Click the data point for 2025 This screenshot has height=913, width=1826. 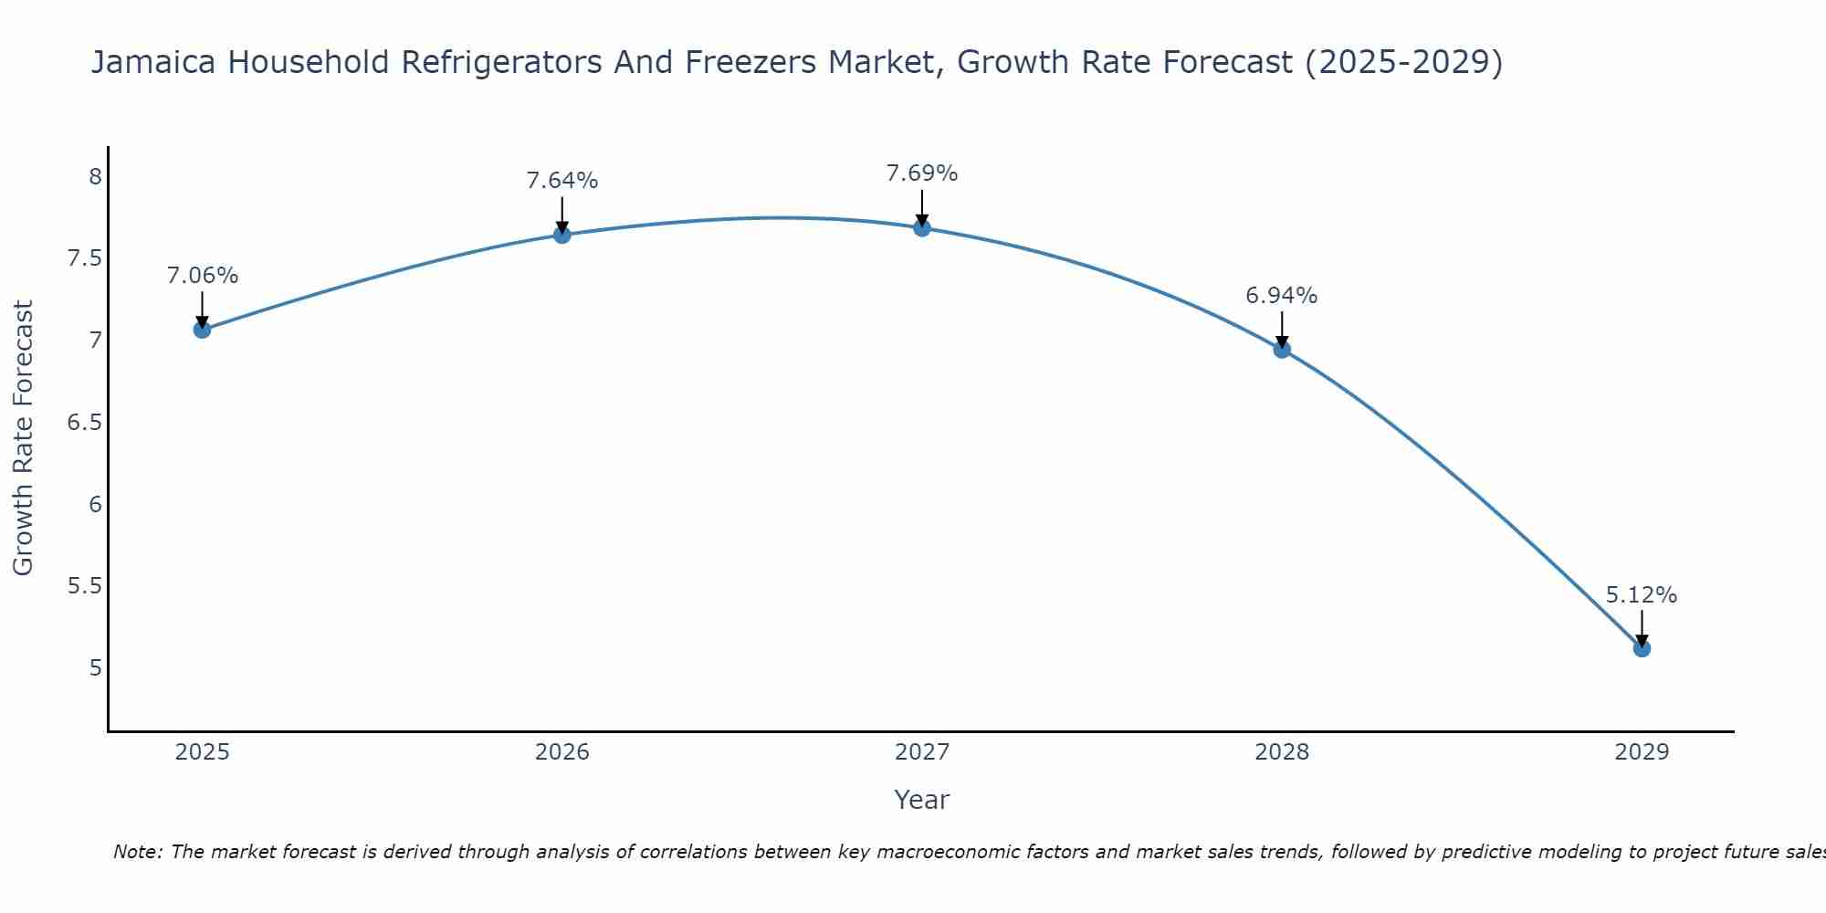[202, 330]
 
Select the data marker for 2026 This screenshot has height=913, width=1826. [561, 235]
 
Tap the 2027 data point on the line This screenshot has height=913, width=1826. [922, 227]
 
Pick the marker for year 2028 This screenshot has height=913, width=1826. [1282, 349]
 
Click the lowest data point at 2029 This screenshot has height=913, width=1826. [1642, 648]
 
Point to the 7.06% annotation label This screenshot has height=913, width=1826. [202, 276]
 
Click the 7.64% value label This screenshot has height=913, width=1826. [561, 181]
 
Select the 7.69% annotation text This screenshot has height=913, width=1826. [922, 173]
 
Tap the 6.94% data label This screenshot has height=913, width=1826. [1282, 296]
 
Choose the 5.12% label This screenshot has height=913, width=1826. [1642, 595]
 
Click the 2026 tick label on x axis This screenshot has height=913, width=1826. [561, 752]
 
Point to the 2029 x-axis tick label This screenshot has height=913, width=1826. [1642, 752]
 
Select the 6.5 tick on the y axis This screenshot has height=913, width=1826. [84, 422]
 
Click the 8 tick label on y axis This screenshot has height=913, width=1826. [95, 176]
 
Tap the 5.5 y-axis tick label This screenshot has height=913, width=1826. [84, 585]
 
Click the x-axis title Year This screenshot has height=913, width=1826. [922, 800]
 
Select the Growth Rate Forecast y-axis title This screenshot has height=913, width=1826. [23, 437]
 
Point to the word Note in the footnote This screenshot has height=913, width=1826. [137, 852]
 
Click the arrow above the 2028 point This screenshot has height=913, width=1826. [1282, 329]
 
